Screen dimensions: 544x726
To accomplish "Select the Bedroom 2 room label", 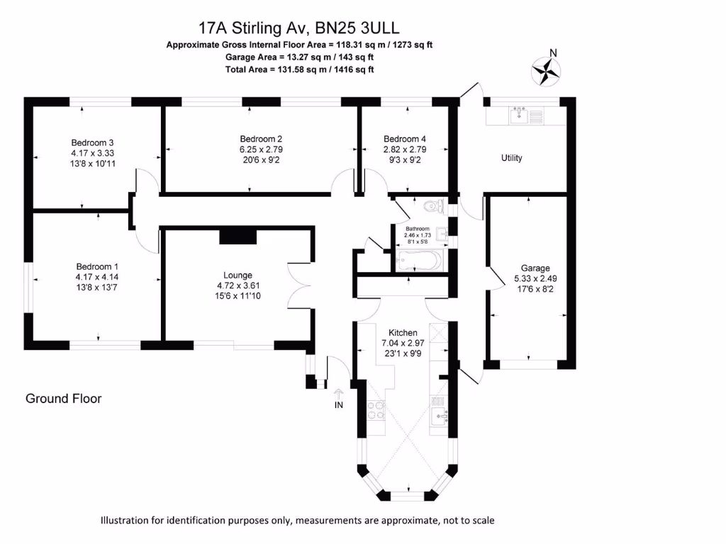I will (261, 138).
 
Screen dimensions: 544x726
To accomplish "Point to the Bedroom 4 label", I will (405, 138).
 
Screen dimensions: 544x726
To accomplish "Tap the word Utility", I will (511, 158).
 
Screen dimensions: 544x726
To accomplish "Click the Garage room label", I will (535, 268).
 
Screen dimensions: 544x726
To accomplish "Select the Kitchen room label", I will (402, 332).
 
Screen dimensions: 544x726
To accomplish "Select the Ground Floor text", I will (64, 399).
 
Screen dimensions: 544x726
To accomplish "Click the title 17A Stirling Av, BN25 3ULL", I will (298, 28).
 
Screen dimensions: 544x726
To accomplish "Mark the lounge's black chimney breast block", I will (238, 235).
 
